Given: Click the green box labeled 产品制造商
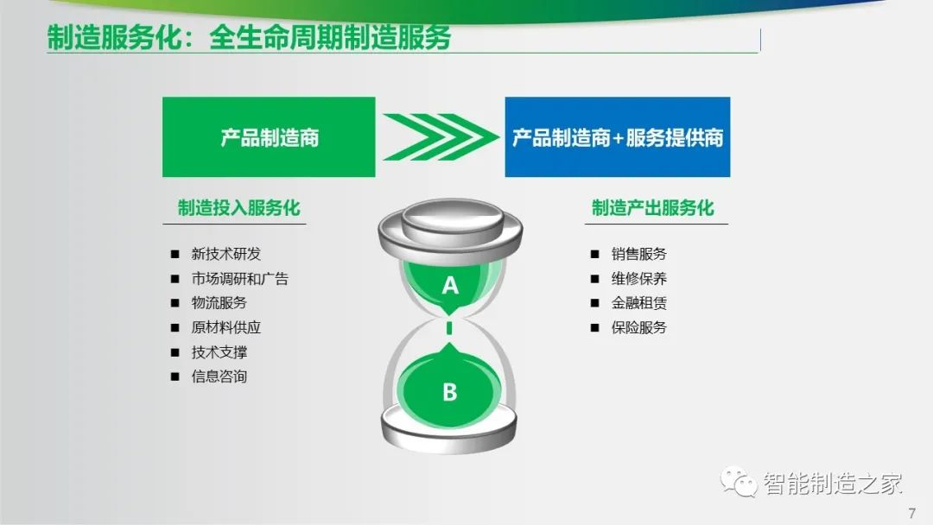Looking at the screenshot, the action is [x=269, y=136].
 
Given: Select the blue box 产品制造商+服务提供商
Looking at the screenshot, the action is [x=618, y=136].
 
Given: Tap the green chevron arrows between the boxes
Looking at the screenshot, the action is [x=441, y=136].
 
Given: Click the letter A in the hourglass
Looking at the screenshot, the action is [x=450, y=286].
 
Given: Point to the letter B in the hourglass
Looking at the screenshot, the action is [x=450, y=392].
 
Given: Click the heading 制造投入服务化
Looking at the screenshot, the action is [x=238, y=207].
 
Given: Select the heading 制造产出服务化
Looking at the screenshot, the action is [x=653, y=207].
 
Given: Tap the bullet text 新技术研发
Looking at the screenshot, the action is [x=226, y=254].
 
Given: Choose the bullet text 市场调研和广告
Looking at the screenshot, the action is [x=240, y=278].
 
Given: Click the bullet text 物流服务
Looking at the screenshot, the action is [x=219, y=302].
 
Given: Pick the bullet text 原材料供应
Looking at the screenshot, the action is [x=226, y=327].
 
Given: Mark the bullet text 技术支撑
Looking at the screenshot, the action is [x=219, y=352].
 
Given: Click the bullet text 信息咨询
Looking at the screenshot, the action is [x=219, y=376].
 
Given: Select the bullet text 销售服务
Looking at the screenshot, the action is [x=639, y=254].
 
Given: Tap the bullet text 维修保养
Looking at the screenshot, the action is [x=639, y=278].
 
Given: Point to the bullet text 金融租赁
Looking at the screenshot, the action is [x=639, y=302].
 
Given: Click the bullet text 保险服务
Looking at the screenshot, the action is [x=639, y=327].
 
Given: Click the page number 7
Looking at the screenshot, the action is [x=912, y=513].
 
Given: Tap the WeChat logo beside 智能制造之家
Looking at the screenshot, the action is [x=739, y=481].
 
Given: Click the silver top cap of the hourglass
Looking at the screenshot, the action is [x=450, y=230].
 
